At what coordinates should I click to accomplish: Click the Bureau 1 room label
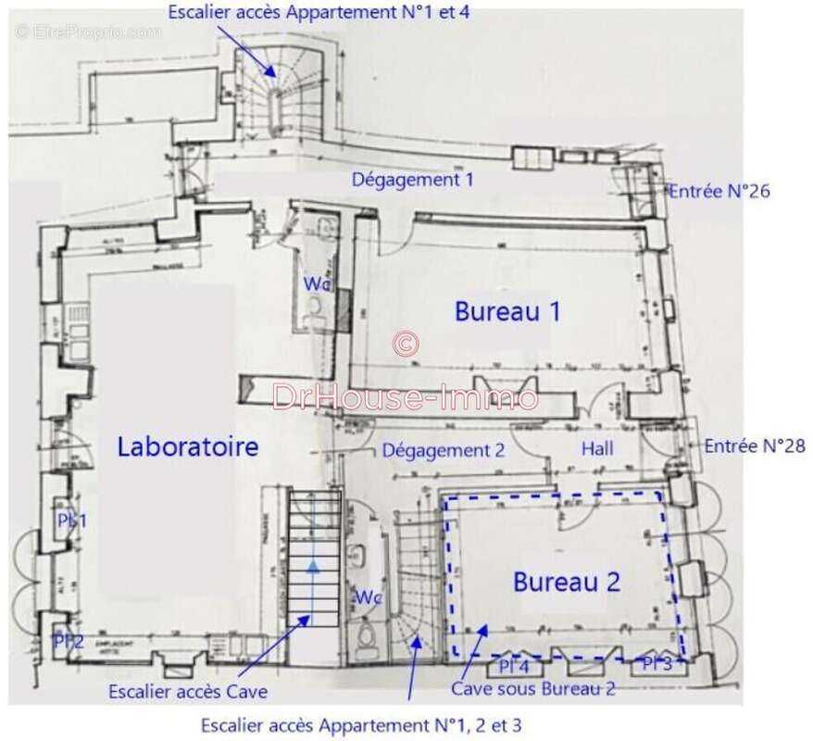click(507, 311)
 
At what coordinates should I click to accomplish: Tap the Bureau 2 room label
click(567, 582)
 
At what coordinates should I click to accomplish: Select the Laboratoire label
click(187, 447)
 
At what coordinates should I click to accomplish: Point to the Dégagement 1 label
click(412, 180)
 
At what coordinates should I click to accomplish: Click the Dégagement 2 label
click(444, 451)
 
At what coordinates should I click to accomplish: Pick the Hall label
click(597, 448)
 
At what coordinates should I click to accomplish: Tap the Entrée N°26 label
click(719, 192)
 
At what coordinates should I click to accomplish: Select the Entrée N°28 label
click(755, 446)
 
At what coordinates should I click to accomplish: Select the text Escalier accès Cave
click(188, 691)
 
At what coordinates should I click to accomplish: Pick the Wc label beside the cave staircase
click(369, 597)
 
